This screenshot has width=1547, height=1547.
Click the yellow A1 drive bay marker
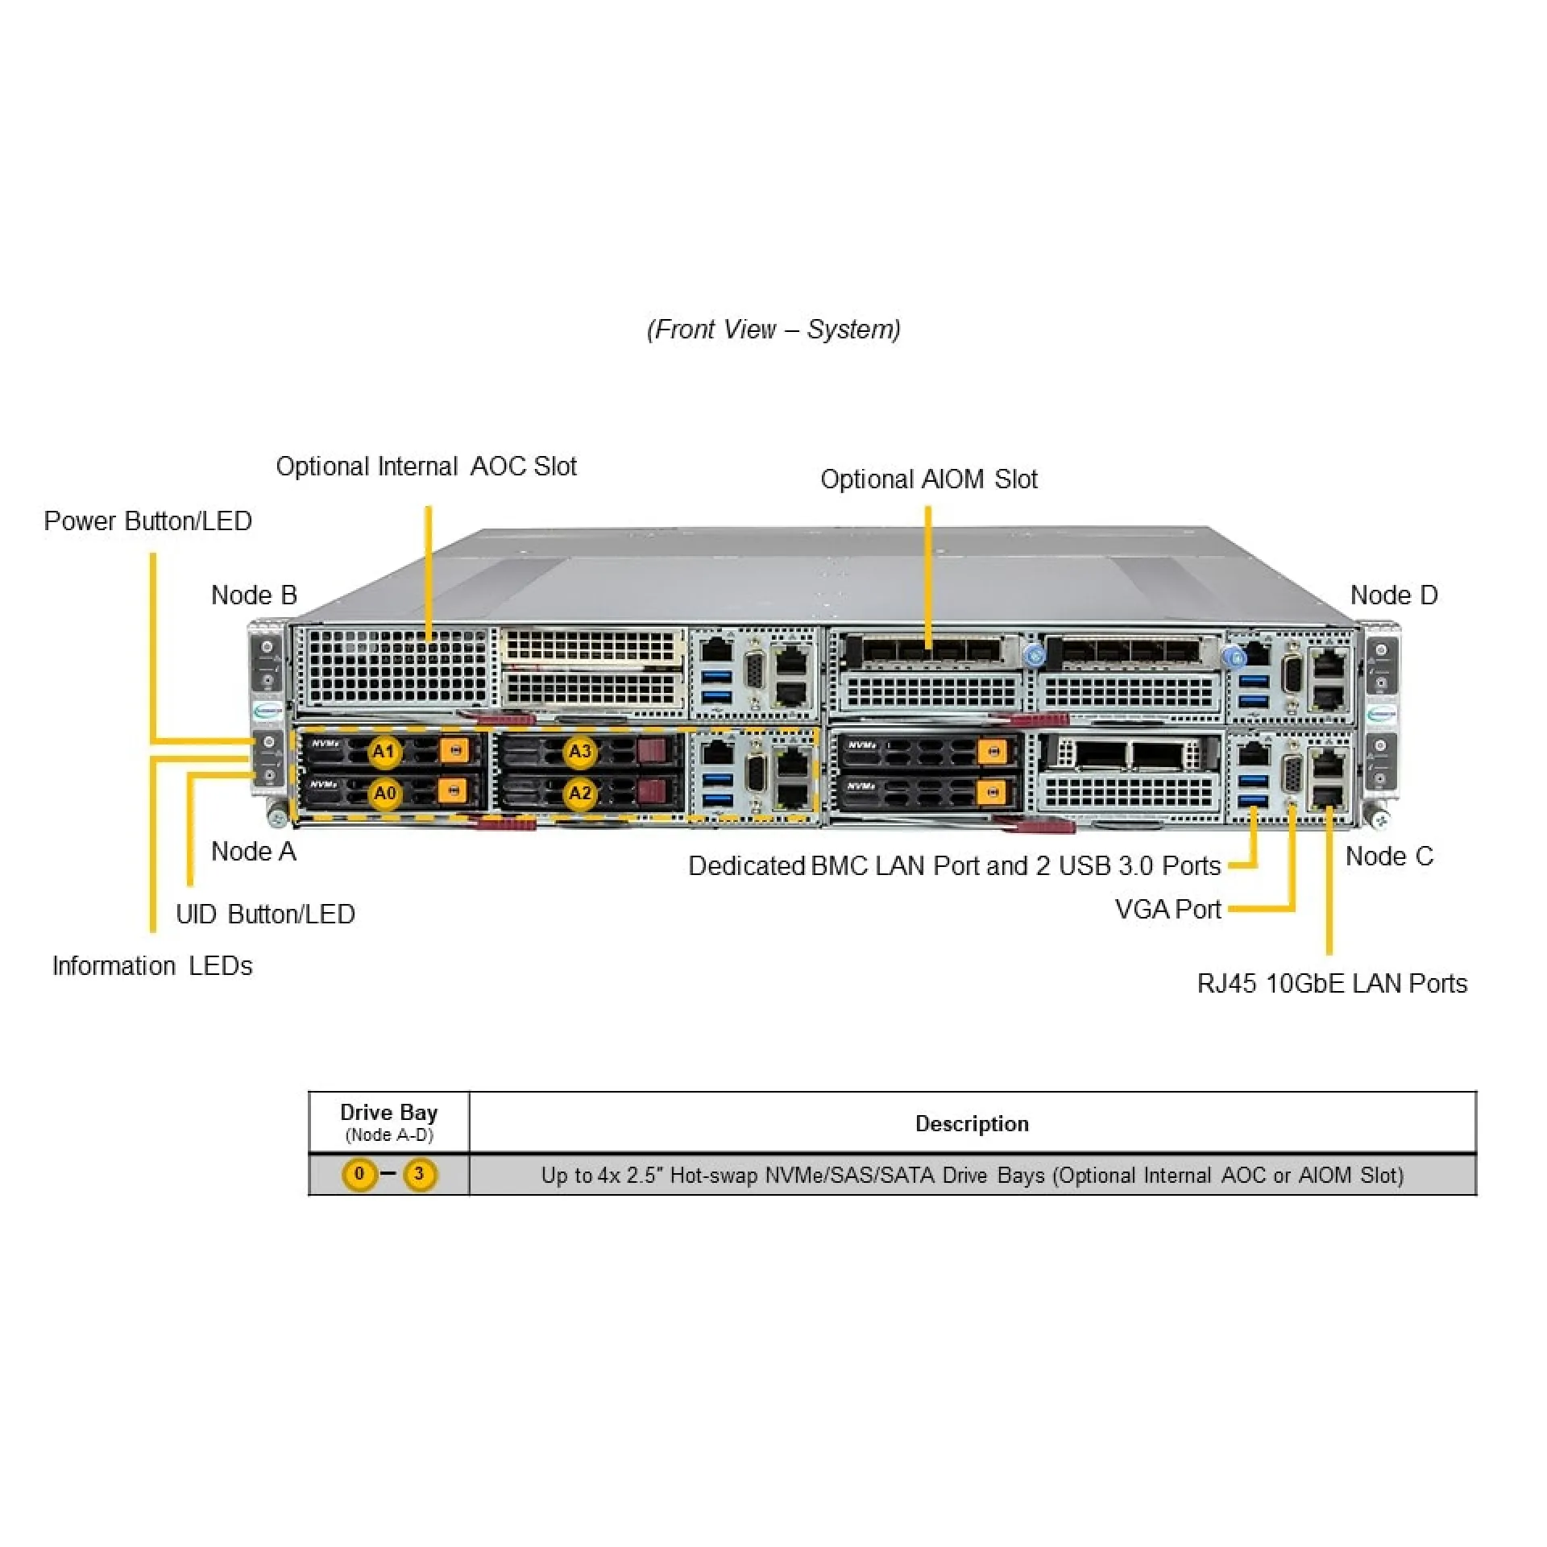click(384, 752)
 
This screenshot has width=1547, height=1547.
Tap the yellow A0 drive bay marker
click(384, 794)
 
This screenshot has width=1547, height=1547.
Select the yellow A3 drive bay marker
click(579, 752)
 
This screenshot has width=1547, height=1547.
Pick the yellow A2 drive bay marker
click(579, 794)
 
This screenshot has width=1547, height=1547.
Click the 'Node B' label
click(254, 595)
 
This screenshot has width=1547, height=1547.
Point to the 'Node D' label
click(1394, 595)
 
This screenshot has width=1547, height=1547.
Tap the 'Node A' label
click(253, 851)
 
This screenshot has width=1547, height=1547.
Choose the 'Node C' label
click(1389, 856)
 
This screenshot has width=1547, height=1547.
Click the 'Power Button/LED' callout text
click(147, 521)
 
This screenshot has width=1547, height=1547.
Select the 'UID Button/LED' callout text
click(265, 914)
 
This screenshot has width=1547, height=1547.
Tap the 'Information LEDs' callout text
click(152, 965)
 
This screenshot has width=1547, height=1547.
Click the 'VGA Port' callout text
click(1168, 909)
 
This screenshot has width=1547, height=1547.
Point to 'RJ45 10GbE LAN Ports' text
click(1332, 983)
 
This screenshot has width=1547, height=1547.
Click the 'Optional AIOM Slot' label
click(928, 479)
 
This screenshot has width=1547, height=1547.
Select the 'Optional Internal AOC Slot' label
click(426, 467)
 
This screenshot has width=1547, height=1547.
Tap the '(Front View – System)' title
click(773, 330)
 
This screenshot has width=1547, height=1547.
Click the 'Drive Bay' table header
click(388, 1113)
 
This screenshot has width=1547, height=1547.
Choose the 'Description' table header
click(972, 1124)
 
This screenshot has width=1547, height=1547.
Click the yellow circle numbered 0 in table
click(359, 1174)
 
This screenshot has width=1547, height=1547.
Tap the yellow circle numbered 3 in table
click(419, 1174)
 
